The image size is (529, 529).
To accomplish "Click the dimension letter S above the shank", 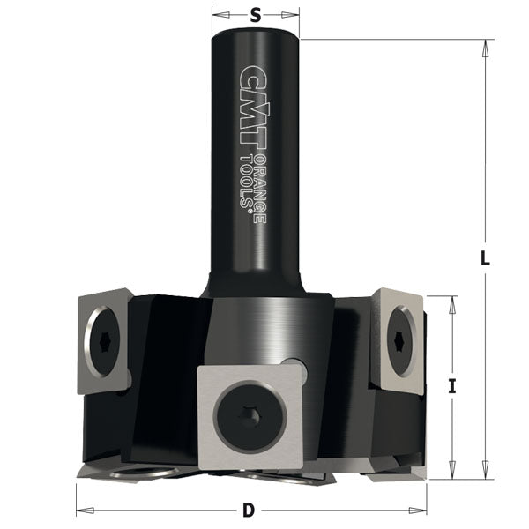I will click(x=256, y=14).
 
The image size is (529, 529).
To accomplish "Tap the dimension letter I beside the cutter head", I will click(x=451, y=385).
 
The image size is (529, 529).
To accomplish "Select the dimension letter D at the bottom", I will click(x=250, y=510).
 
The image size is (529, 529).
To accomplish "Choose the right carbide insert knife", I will click(x=399, y=331).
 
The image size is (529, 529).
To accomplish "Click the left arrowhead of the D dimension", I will click(x=82, y=510).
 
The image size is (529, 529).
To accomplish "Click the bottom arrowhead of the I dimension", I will click(x=451, y=470).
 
